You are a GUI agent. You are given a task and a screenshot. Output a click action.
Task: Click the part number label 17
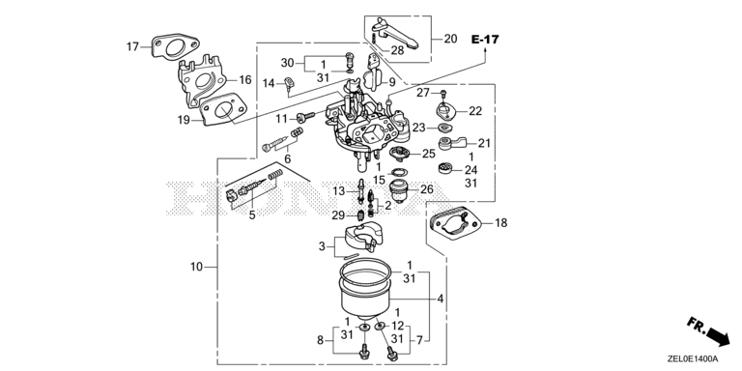tap(132, 46)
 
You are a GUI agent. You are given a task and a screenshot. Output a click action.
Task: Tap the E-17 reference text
tap(485, 40)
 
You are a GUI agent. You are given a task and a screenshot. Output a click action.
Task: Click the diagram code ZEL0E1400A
tap(694, 359)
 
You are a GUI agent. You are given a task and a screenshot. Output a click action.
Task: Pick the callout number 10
tap(196, 267)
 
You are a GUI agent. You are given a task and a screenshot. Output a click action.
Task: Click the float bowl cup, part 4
tap(366, 292)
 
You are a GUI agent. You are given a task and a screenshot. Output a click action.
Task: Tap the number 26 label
tap(427, 189)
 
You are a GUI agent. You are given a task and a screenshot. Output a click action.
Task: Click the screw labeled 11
tap(306, 116)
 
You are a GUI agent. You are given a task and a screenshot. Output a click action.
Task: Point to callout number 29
tap(338, 215)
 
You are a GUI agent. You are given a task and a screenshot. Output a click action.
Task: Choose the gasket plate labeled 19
tap(223, 110)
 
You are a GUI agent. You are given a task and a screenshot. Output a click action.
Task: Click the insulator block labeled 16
tap(201, 80)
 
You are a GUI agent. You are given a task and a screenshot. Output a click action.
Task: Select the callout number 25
tap(428, 154)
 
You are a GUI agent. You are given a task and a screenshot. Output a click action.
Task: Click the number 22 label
tap(475, 111)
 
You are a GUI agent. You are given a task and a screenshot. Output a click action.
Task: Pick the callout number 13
tap(339, 191)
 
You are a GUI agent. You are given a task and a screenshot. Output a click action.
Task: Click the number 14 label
tap(269, 84)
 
